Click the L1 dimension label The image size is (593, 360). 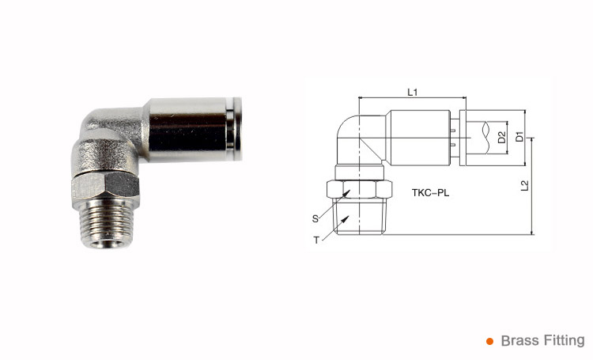click(412, 93)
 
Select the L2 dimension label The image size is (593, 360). click(525, 187)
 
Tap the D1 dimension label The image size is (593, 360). click(519, 137)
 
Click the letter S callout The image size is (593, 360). click(315, 217)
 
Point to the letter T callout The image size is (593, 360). click(316, 240)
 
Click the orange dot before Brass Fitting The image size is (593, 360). click(489, 342)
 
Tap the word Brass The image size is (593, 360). click(519, 341)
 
